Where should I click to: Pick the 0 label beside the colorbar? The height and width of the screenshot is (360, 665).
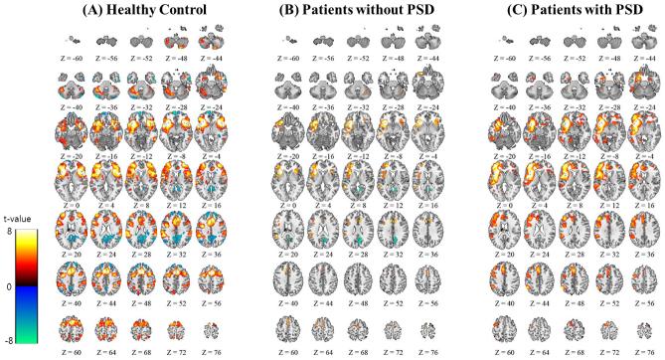click(8, 285)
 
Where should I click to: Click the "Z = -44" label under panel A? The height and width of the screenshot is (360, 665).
click(211, 58)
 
